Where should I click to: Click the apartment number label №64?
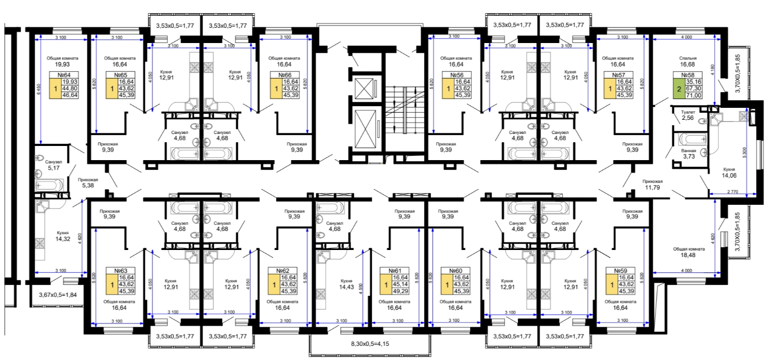pyautogui.click(x=64, y=75)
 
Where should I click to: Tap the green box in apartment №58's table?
pyautogui.click(x=679, y=89)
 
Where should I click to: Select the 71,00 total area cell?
pyautogui.click(x=694, y=95)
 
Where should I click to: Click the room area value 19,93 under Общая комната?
pyautogui.click(x=63, y=64)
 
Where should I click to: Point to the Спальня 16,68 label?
pyautogui.click(x=688, y=62)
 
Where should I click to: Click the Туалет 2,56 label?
pyautogui.click(x=688, y=115)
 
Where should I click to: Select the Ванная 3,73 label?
pyautogui.click(x=689, y=154)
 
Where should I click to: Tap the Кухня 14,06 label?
pyautogui.click(x=729, y=173)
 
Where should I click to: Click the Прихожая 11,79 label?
pyautogui.click(x=652, y=185)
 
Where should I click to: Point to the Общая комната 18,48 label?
pyautogui.click(x=689, y=252)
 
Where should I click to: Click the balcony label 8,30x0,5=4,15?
pyautogui.click(x=370, y=344)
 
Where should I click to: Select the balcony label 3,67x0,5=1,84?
pyautogui.click(x=58, y=295)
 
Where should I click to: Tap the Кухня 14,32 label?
pyautogui.click(x=63, y=236)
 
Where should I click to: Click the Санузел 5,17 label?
pyautogui.click(x=53, y=165)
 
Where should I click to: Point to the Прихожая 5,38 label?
pyautogui.click(x=88, y=182)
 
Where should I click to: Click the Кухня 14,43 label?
pyautogui.click(x=346, y=284)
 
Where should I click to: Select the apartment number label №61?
pyautogui.click(x=395, y=271)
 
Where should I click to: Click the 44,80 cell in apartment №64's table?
pyautogui.click(x=70, y=88)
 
